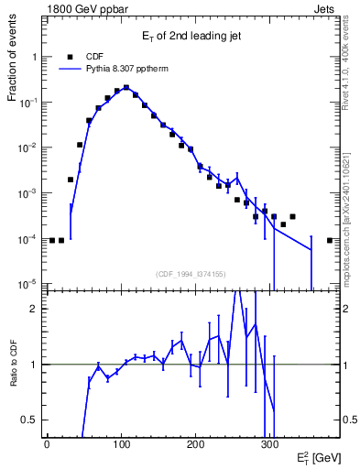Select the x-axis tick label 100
[121, 445]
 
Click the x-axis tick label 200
[195, 445]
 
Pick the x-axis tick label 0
[47, 445]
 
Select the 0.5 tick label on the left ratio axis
[29, 420]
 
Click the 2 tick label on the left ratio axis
[34, 309]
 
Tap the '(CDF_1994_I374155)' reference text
[190, 272]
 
